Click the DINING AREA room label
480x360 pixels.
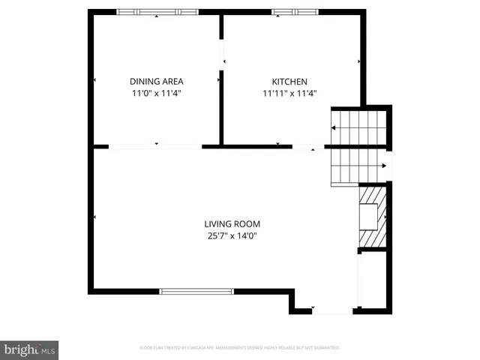pos(157,81)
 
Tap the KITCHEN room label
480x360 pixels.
pos(289,81)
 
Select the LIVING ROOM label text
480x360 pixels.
pos(232,223)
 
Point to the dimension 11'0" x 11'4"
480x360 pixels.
pos(157,94)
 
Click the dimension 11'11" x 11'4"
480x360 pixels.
pos(289,94)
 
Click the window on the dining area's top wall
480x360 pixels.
pos(157,12)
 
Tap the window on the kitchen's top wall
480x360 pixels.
pos(295,12)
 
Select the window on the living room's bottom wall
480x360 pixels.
pos(196,291)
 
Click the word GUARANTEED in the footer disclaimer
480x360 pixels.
pos(327,348)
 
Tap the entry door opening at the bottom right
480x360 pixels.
pos(332,310)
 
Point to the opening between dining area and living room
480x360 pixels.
pos(155,146)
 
